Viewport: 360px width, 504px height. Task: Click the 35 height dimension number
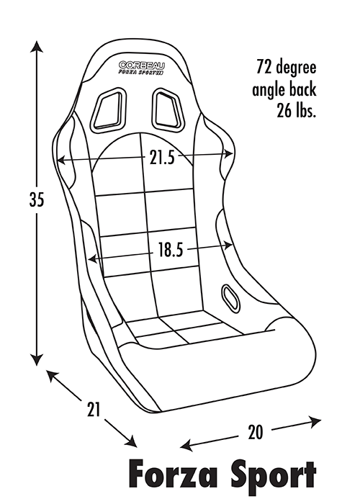[x=36, y=199]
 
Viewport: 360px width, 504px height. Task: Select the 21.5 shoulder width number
[x=162, y=158]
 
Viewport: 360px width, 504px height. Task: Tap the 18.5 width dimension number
[x=171, y=250]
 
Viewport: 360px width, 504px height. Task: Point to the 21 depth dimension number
[x=94, y=409]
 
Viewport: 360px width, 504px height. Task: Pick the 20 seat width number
[x=255, y=432]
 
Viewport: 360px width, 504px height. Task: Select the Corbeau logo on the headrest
[x=142, y=68]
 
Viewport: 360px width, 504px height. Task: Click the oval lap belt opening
[x=230, y=297]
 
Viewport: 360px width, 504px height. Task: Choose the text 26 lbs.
[x=297, y=111]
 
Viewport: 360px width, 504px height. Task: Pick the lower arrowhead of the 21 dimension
[x=131, y=441]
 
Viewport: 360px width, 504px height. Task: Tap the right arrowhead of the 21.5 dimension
[x=228, y=154]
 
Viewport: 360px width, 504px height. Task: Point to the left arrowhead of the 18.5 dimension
[x=93, y=258]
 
